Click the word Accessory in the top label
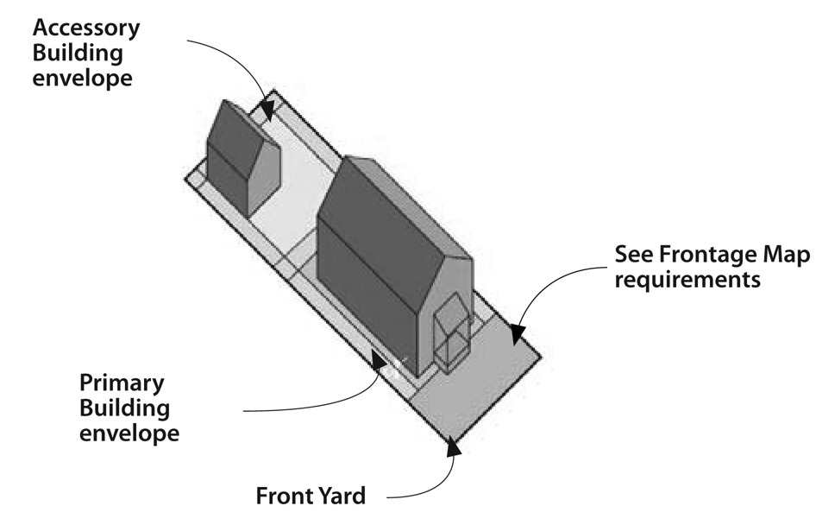(86, 27)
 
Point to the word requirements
(687, 281)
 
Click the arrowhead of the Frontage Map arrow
(515, 332)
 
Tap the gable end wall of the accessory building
(264, 177)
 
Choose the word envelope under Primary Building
(129, 432)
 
